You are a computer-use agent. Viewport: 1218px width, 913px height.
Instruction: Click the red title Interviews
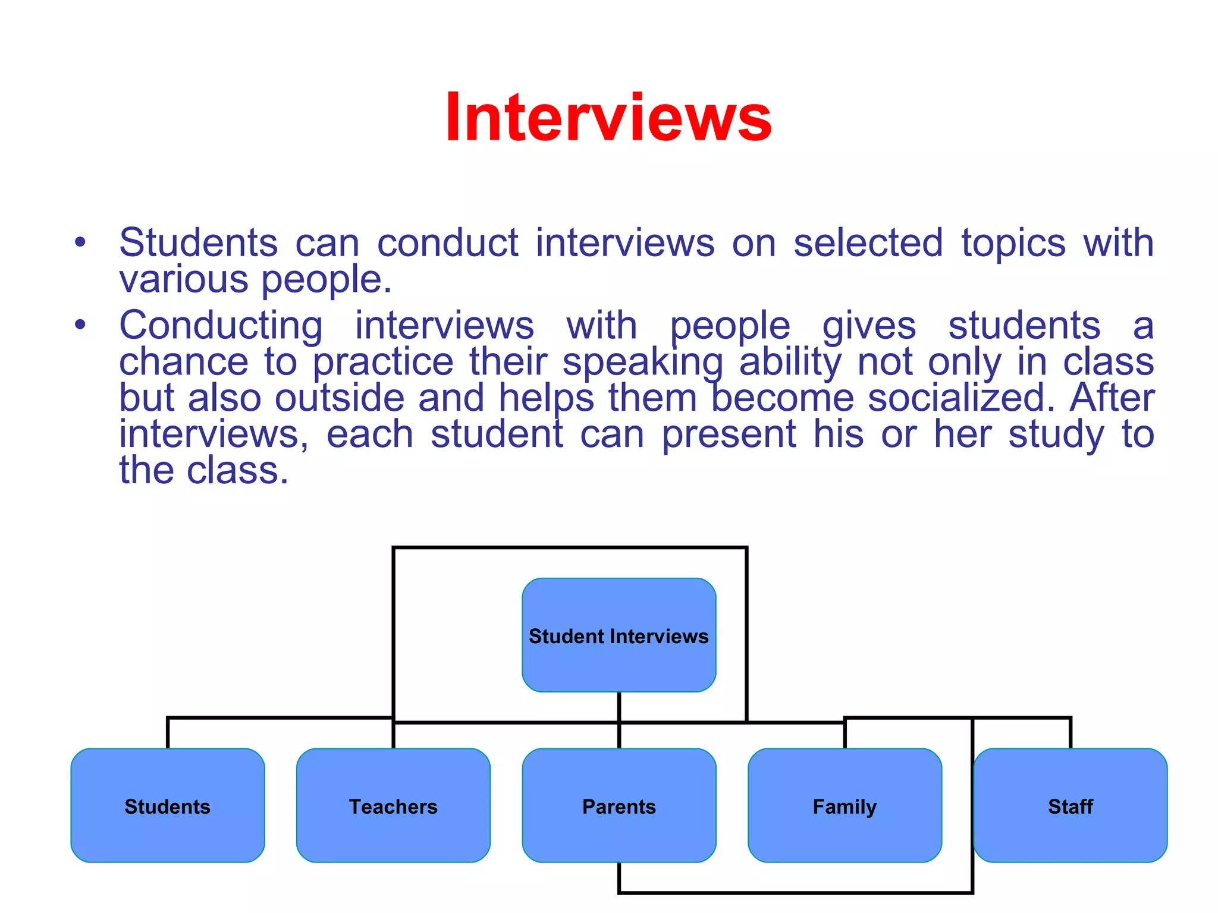click(608, 118)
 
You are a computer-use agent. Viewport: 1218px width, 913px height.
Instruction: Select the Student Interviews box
click(619, 635)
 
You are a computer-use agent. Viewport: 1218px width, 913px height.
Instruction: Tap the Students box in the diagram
click(167, 805)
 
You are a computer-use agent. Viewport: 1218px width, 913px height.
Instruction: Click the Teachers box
click(393, 805)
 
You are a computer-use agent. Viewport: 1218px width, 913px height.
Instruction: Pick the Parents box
click(619, 805)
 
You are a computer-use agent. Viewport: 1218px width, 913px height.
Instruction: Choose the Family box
click(845, 805)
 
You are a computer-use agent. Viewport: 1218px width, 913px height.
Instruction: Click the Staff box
click(1070, 805)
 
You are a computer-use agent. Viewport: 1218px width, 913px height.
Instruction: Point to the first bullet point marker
click(80, 243)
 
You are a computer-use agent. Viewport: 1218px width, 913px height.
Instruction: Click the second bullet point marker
click(80, 325)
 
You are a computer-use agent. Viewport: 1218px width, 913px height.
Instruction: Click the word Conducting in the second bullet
click(221, 326)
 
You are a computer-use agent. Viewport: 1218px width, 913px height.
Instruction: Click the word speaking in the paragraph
click(642, 363)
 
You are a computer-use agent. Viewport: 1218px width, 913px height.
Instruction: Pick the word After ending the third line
click(1112, 398)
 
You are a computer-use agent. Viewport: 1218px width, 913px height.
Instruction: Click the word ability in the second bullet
click(790, 363)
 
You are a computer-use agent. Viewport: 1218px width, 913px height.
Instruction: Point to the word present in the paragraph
click(729, 435)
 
